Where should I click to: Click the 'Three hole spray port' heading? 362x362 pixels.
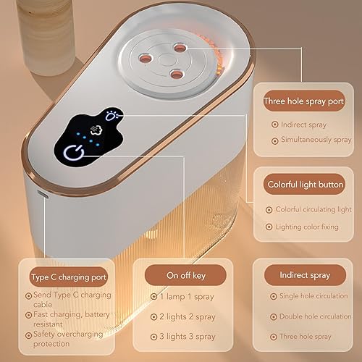(303, 101)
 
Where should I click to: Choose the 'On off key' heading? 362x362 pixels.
(185, 275)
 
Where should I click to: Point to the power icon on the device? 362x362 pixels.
(74, 154)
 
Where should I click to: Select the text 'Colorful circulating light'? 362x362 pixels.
(312, 209)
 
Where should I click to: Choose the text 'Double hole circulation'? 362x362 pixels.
(314, 316)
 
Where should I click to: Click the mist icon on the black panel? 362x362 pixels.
(94, 133)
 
